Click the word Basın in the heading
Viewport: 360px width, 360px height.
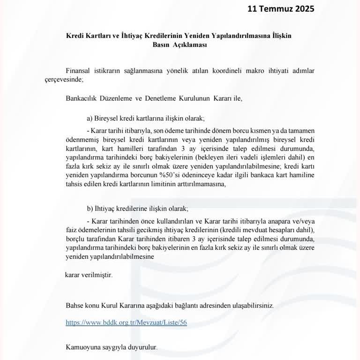click(x=162, y=45)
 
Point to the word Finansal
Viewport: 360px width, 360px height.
click(x=78, y=70)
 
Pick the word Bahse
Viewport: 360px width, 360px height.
click(x=76, y=305)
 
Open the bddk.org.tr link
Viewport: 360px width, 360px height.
click(x=126, y=323)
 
